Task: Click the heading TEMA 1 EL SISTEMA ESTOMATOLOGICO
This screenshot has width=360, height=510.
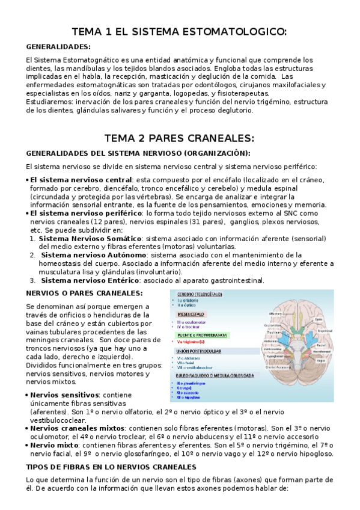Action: [x=179, y=31]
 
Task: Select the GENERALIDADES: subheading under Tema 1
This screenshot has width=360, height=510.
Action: [x=58, y=46]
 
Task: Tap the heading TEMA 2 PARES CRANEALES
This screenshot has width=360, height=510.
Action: [x=179, y=137]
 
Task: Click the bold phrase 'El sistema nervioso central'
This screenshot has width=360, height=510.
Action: [x=81, y=180]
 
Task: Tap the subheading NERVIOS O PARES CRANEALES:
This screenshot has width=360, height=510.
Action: [x=85, y=293]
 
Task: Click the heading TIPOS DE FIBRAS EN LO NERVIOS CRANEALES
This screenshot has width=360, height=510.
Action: [x=111, y=467]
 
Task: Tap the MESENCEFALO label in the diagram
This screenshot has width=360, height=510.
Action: [x=191, y=314]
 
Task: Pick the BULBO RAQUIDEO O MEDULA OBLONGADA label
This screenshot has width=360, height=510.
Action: [x=213, y=374]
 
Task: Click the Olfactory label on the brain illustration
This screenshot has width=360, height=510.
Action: [x=276, y=313]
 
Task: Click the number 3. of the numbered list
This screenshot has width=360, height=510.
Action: [x=32, y=280]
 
